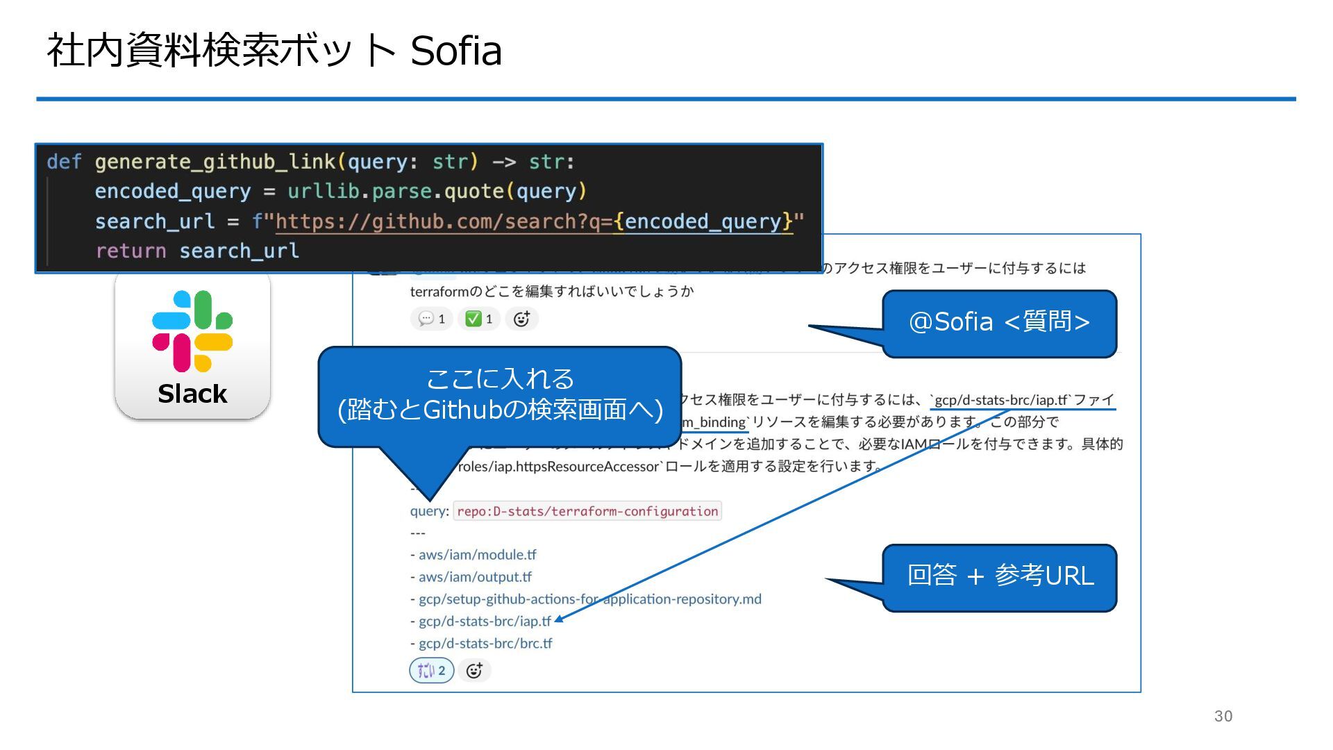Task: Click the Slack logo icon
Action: click(x=192, y=331)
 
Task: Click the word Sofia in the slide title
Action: click(x=455, y=51)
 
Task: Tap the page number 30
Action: click(x=1223, y=716)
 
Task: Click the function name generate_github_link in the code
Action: click(x=215, y=162)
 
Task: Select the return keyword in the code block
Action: click(x=131, y=251)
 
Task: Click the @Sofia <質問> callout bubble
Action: click(x=999, y=322)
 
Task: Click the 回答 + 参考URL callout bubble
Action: click(x=1000, y=576)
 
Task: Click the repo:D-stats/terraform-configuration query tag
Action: click(x=587, y=511)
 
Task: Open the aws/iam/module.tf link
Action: click(x=477, y=555)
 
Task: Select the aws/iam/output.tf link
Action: click(x=475, y=577)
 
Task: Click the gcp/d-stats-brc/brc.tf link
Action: click(x=485, y=644)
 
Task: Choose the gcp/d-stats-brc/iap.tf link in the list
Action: click(x=485, y=622)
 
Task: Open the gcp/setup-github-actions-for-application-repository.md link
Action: click(x=589, y=599)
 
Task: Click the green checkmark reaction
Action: click(x=479, y=319)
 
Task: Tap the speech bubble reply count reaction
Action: click(x=432, y=319)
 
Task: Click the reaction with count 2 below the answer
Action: click(x=431, y=671)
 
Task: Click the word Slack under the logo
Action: click(x=192, y=394)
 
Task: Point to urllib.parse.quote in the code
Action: click(x=396, y=192)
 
